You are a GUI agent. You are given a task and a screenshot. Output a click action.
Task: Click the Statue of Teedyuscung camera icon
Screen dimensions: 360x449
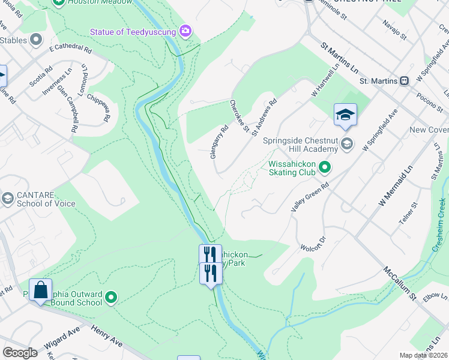[x=185, y=31]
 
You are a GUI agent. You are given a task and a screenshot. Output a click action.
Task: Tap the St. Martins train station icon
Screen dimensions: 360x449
[x=405, y=80]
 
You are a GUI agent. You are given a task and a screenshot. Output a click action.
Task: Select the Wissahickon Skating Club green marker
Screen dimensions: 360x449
[x=325, y=167]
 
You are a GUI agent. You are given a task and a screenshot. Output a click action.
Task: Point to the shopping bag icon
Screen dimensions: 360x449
[x=40, y=290]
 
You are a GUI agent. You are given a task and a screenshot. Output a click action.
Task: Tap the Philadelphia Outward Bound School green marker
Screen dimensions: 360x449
[x=111, y=296]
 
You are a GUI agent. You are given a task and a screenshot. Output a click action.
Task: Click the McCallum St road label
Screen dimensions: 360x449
[x=400, y=284]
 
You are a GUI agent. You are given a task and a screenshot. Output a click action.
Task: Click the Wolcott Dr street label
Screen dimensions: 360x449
[x=312, y=244]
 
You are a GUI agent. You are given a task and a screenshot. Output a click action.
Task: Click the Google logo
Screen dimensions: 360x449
[x=20, y=353]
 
